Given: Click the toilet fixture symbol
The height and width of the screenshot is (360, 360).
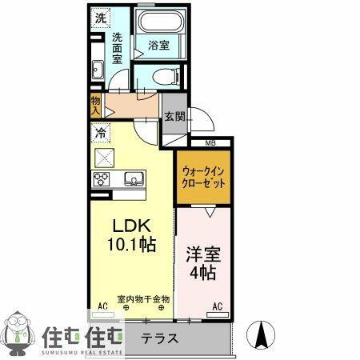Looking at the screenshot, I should point(164,78).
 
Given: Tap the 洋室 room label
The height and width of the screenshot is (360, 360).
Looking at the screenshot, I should point(205,257).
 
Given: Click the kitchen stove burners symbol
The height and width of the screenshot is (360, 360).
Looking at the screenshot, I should point(102,178).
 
